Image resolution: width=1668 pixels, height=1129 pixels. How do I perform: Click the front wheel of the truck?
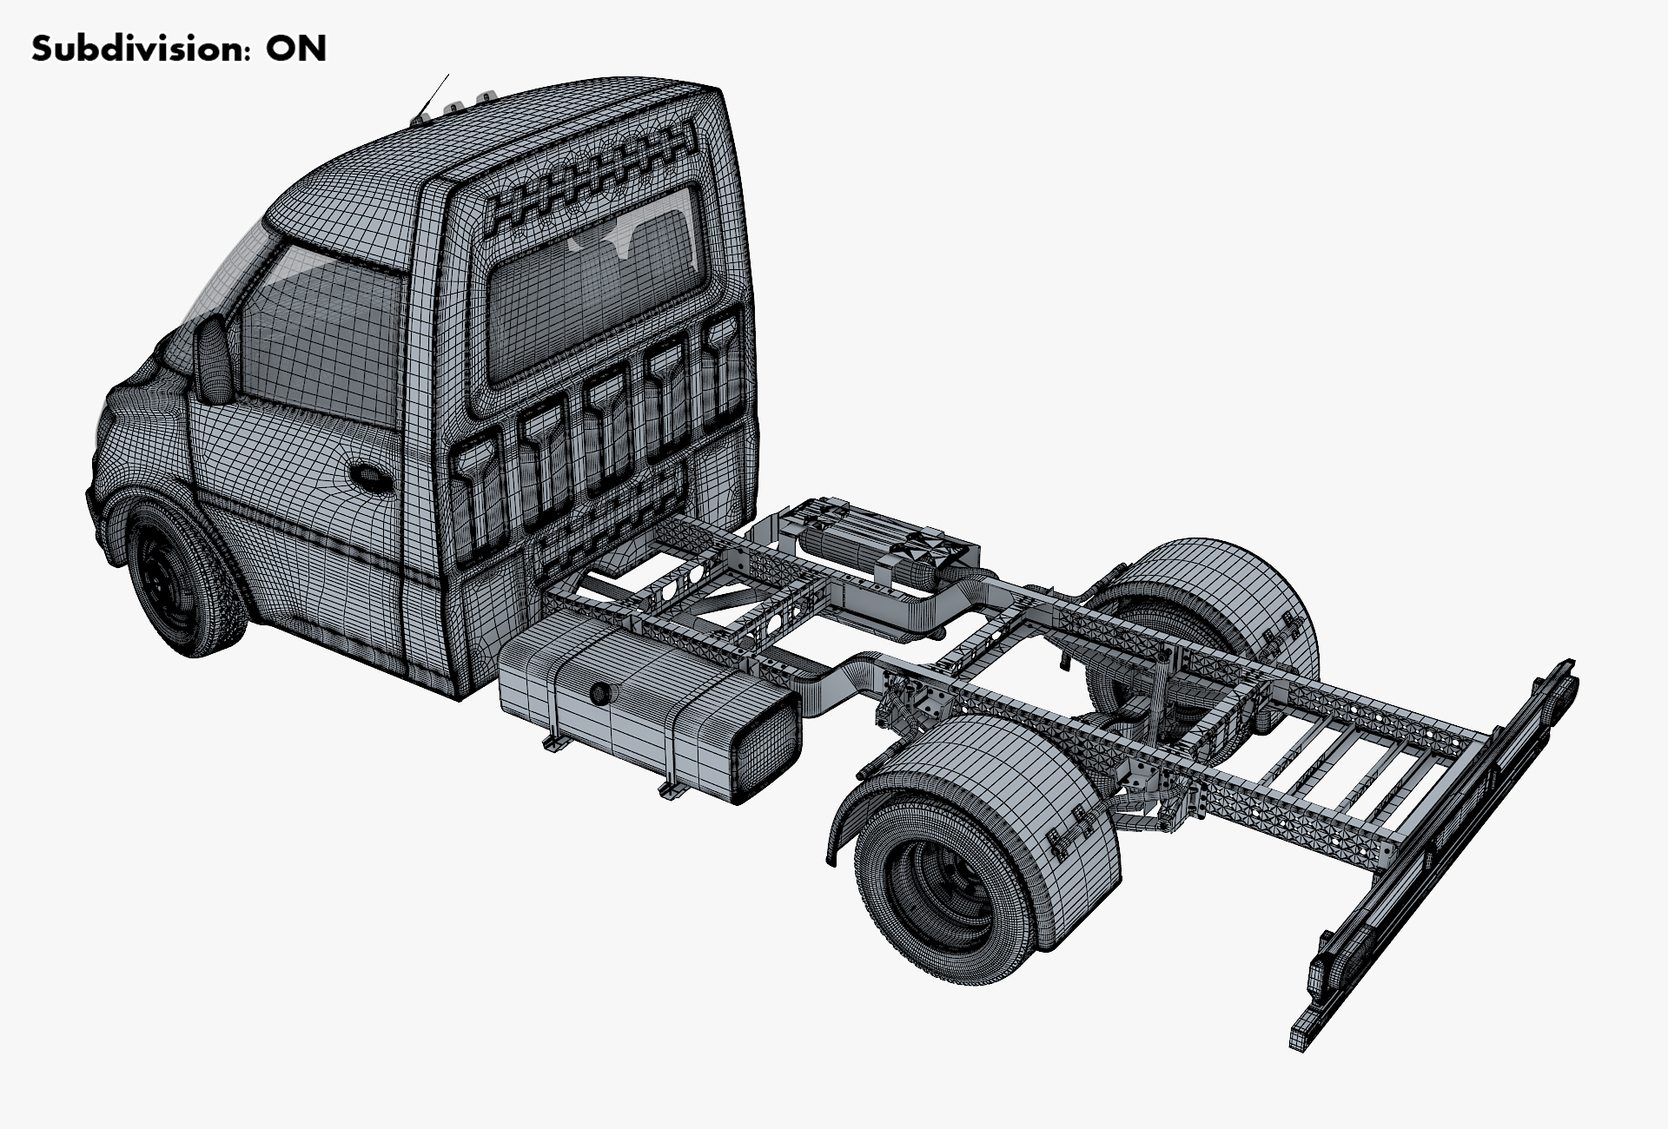point(185,577)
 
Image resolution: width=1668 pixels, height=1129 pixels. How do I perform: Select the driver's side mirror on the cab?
point(214,359)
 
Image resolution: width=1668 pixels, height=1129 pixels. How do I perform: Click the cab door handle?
point(371,478)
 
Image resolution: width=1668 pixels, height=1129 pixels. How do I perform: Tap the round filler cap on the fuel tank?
point(599,694)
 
